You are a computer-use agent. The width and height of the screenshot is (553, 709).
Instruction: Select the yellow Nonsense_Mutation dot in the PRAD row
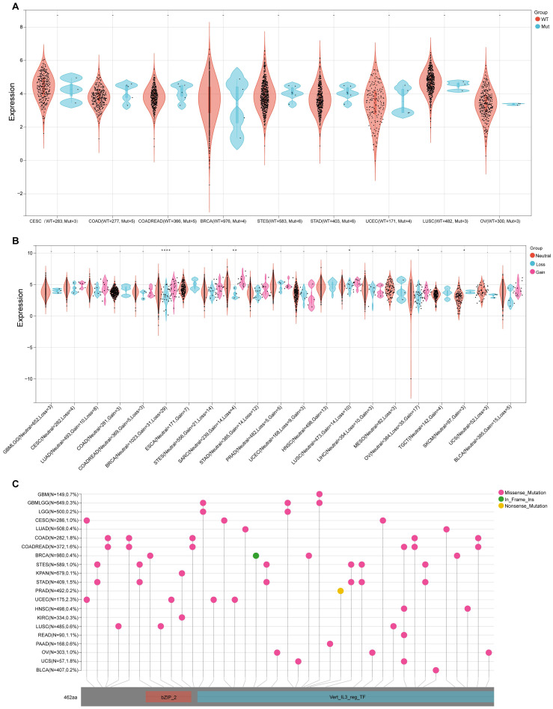[x=340, y=591]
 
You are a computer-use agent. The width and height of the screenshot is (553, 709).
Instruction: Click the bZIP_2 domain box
[x=169, y=696]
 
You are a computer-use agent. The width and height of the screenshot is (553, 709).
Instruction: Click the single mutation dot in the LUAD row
[x=245, y=529]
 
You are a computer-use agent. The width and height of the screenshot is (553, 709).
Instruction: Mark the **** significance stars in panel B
[x=166, y=250]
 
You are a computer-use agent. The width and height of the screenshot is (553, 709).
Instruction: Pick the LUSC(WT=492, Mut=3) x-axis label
[x=444, y=222]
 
